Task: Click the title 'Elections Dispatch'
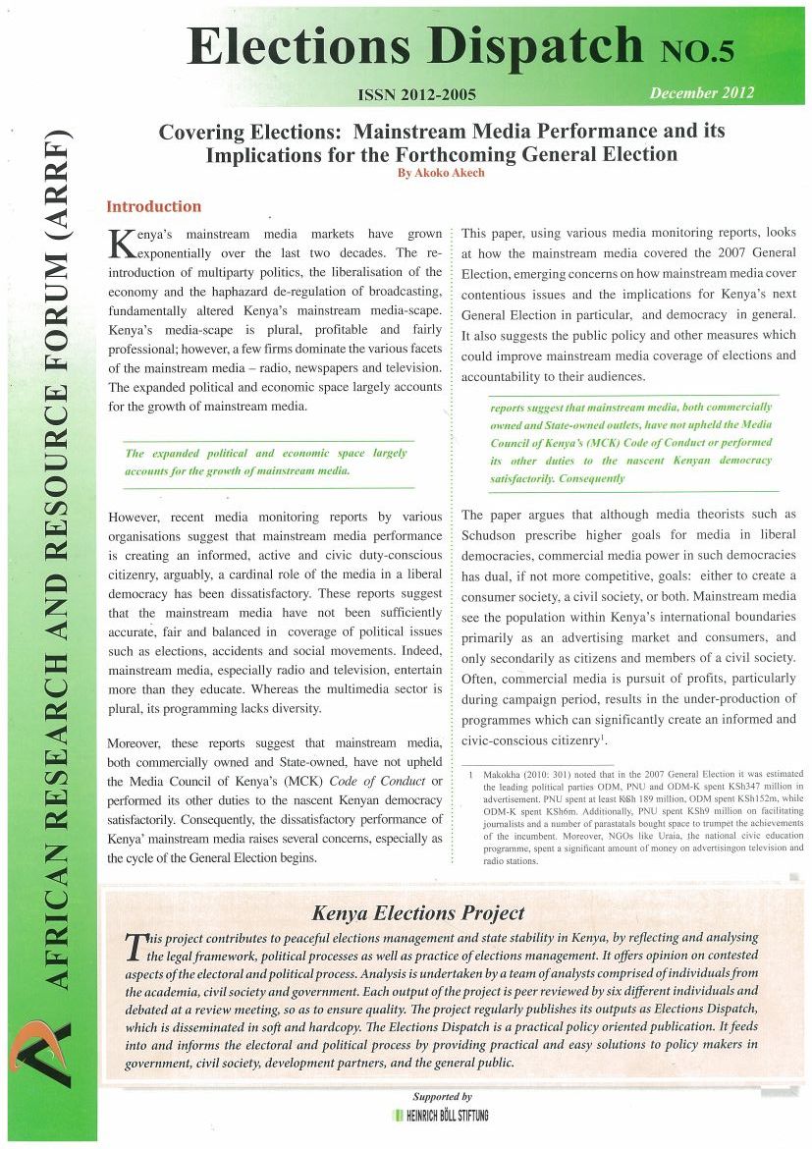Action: [x=413, y=45]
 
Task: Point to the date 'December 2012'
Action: [x=701, y=93]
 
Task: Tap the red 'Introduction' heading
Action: [x=153, y=206]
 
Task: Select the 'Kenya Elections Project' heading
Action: [x=417, y=913]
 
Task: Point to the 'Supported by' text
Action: [x=443, y=1096]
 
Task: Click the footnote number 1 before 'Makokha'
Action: [x=471, y=774]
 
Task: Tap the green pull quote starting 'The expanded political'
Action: [x=265, y=462]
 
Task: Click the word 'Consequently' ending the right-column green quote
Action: [x=591, y=479]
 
